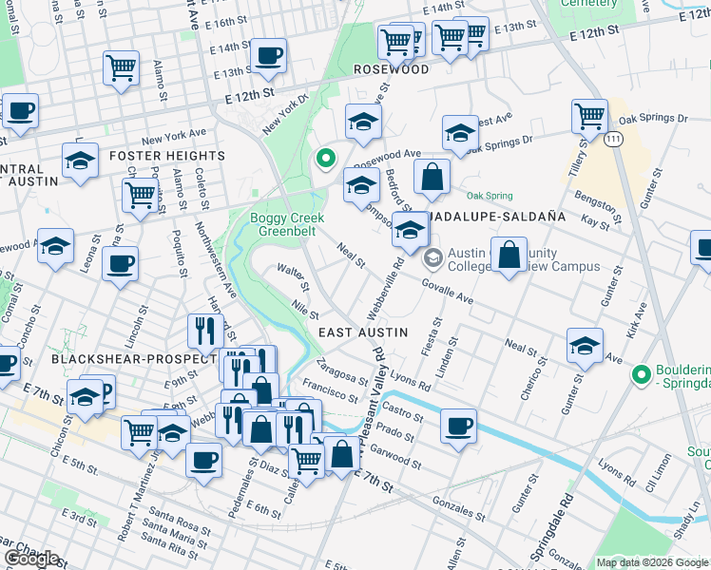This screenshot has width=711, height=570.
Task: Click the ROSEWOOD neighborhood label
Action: click(391, 69)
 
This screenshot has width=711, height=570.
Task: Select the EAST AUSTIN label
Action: click(362, 332)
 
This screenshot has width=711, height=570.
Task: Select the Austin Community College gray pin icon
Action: click(432, 256)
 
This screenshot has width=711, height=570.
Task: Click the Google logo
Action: click(30, 559)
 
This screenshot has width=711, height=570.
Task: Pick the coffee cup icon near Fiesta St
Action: click(458, 426)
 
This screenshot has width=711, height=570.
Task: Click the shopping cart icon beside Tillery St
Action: click(589, 117)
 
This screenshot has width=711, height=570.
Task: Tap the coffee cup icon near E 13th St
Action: click(269, 55)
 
